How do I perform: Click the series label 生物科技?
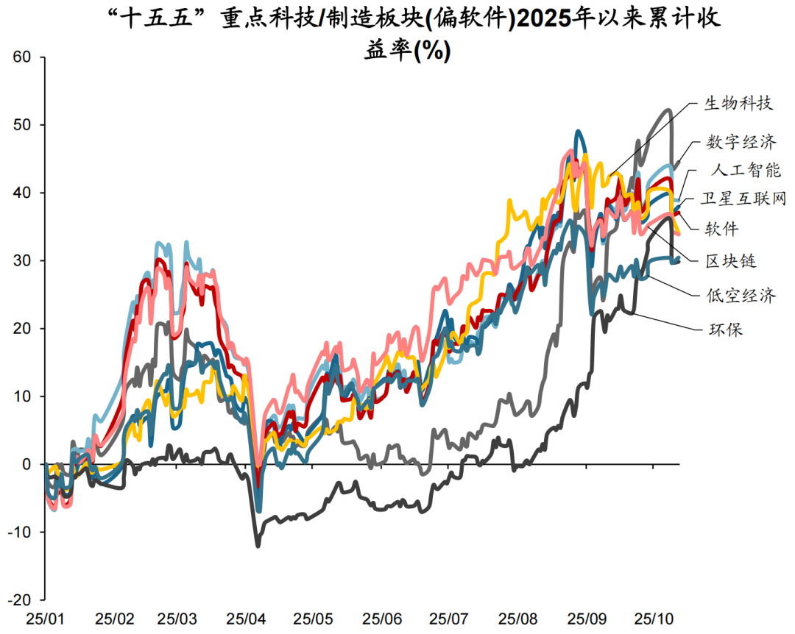tap(738, 103)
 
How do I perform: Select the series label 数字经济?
tap(741, 142)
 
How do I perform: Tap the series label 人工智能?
tap(746, 171)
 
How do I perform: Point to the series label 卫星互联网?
tap(744, 199)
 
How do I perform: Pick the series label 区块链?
tap(731, 260)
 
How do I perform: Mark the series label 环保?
tap(721, 329)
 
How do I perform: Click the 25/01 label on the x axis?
tap(46, 619)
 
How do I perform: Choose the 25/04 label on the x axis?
tap(248, 619)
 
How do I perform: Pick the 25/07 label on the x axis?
tap(451, 619)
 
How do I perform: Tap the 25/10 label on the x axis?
tap(654, 619)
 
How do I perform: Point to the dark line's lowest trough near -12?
tap(258, 546)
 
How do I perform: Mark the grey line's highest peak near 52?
tap(668, 110)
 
